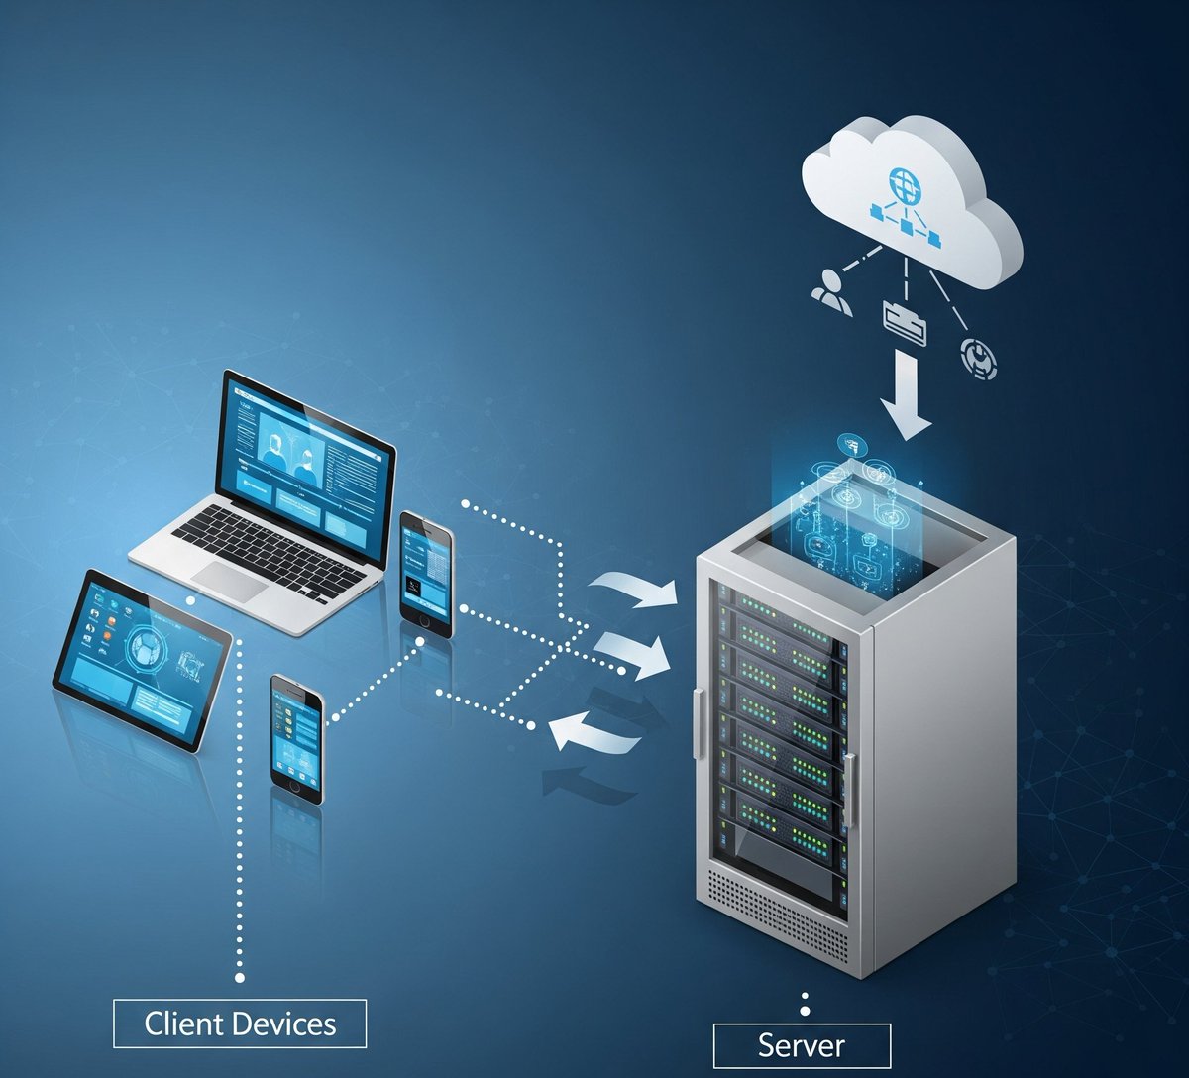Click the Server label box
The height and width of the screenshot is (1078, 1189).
click(802, 1045)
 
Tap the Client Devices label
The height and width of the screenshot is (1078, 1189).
click(240, 1024)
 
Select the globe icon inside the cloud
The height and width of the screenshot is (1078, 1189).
click(904, 183)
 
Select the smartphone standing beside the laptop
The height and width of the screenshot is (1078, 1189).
click(427, 573)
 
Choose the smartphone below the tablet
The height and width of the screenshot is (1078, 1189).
click(297, 737)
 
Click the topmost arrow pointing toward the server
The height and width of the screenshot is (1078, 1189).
click(634, 590)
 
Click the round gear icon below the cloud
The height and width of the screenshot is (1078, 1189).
click(979, 359)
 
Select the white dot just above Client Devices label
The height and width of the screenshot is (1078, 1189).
click(240, 978)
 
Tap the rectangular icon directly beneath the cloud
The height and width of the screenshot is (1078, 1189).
click(904, 323)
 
